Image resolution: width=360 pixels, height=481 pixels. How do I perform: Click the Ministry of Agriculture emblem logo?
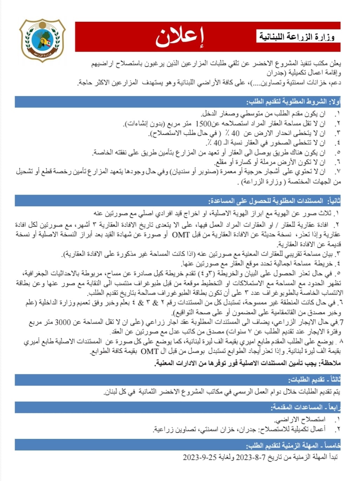(x=42, y=40)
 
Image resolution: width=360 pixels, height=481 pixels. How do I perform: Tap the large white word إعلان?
(x=179, y=37)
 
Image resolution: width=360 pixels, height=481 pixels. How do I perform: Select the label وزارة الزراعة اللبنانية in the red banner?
(x=297, y=36)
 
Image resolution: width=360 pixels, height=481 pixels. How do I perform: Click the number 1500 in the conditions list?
(x=203, y=123)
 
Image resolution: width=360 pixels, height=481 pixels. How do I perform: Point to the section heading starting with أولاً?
(x=293, y=102)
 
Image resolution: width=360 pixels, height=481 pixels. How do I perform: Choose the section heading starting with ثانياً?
(x=274, y=201)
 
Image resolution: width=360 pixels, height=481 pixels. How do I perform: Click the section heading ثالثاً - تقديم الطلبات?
(x=314, y=380)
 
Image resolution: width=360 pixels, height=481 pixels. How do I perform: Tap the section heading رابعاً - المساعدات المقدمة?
(x=305, y=407)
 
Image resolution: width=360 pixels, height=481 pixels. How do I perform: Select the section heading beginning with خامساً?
(x=293, y=445)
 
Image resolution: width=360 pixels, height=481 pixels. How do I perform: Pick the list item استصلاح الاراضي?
(x=300, y=419)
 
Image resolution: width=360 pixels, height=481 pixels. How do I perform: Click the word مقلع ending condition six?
(x=220, y=162)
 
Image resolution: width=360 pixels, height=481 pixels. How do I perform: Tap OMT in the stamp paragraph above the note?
(x=150, y=351)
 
